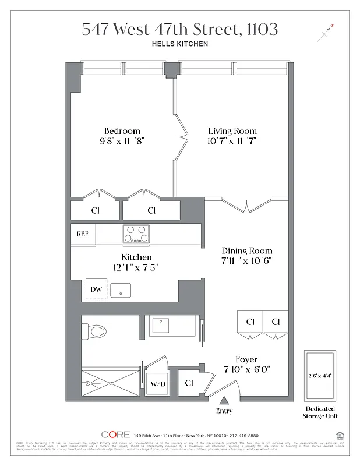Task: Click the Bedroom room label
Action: pos(122,130)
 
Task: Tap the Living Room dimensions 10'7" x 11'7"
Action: pos(232,141)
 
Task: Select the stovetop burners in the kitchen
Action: pos(136,234)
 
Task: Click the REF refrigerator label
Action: pos(83,234)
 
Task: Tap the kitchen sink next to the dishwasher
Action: pos(121,290)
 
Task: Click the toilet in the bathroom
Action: pos(94,331)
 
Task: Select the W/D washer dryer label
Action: pos(157,384)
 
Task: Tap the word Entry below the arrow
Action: pos(224,411)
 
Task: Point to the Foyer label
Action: pos(246,359)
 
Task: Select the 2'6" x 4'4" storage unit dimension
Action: pos(319,376)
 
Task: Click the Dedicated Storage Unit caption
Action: pos(320,412)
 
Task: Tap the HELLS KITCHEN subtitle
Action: pos(180,44)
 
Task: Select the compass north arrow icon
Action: pos(324,33)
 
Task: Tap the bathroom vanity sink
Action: pos(161,325)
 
